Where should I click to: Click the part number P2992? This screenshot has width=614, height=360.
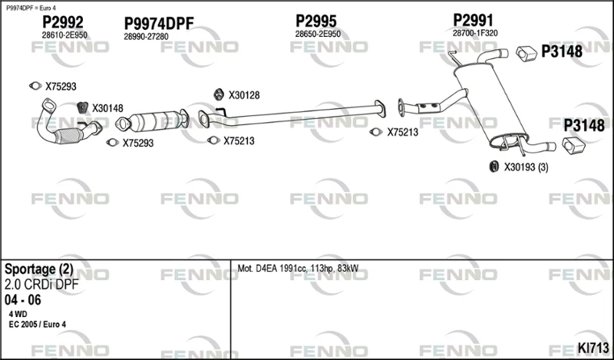coord(63,22)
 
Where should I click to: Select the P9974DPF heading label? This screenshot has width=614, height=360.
coord(159,24)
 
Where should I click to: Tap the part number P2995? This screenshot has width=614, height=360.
coord(316,21)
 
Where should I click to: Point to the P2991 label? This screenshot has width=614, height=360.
coord(473,20)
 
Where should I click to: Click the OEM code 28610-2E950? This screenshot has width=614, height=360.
coord(64,35)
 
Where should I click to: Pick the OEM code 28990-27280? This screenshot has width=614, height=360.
coord(146,36)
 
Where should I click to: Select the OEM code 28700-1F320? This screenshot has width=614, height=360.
coord(475,33)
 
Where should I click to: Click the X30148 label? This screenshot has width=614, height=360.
coord(107,108)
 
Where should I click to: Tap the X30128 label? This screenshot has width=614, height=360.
coord(244,95)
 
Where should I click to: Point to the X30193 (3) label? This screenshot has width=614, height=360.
coord(526,167)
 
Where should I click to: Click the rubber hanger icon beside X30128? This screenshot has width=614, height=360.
coord(219,94)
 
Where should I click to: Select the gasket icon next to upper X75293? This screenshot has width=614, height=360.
coord(35,86)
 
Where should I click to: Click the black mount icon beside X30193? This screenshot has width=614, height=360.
coord(494,167)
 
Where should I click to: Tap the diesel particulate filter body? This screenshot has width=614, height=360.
coord(154,121)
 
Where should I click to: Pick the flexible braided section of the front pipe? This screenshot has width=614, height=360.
coord(68,136)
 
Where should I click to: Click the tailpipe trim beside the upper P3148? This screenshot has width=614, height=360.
coord(526,54)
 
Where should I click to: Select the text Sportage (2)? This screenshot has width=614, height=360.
coord(39,269)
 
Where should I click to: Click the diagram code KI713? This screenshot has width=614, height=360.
coord(593,348)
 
